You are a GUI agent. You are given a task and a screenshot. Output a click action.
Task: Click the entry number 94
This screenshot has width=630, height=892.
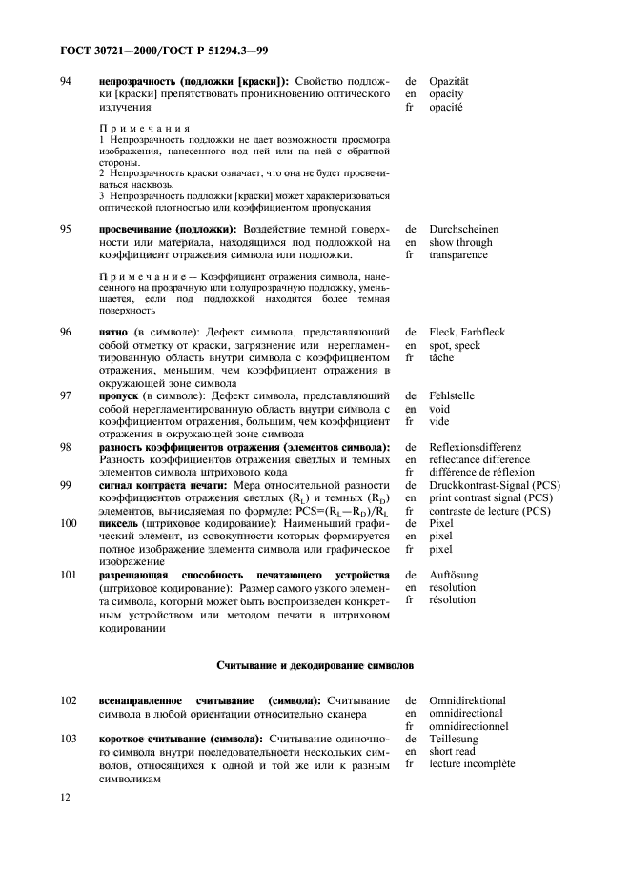[x=66, y=83]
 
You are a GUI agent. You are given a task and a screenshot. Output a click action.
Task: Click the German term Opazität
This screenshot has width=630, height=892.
[x=450, y=83]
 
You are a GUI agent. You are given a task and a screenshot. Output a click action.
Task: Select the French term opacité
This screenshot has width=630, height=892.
[x=446, y=109]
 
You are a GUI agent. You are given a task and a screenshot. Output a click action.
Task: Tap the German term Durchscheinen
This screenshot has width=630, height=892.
[x=463, y=230]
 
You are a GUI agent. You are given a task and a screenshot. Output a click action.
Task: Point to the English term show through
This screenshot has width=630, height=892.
[x=460, y=242]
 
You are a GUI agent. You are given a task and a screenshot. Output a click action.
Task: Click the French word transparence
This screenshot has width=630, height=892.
[x=457, y=255]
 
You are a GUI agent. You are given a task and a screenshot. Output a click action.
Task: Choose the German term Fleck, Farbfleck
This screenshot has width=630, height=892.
[x=466, y=332]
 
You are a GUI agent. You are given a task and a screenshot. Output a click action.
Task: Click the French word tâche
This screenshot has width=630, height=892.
[x=440, y=357]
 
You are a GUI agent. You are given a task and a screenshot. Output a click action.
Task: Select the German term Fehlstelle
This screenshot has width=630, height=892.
[x=451, y=395]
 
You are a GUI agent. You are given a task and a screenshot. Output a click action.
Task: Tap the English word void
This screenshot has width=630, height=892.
[x=438, y=408]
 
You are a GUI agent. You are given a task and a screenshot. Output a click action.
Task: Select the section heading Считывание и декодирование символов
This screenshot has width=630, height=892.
[x=315, y=663]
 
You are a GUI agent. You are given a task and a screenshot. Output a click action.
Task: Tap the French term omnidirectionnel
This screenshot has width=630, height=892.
[x=468, y=726]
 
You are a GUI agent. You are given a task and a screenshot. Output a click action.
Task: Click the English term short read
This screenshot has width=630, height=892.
[x=454, y=751]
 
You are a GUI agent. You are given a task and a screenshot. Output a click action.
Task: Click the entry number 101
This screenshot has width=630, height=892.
[x=69, y=576]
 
